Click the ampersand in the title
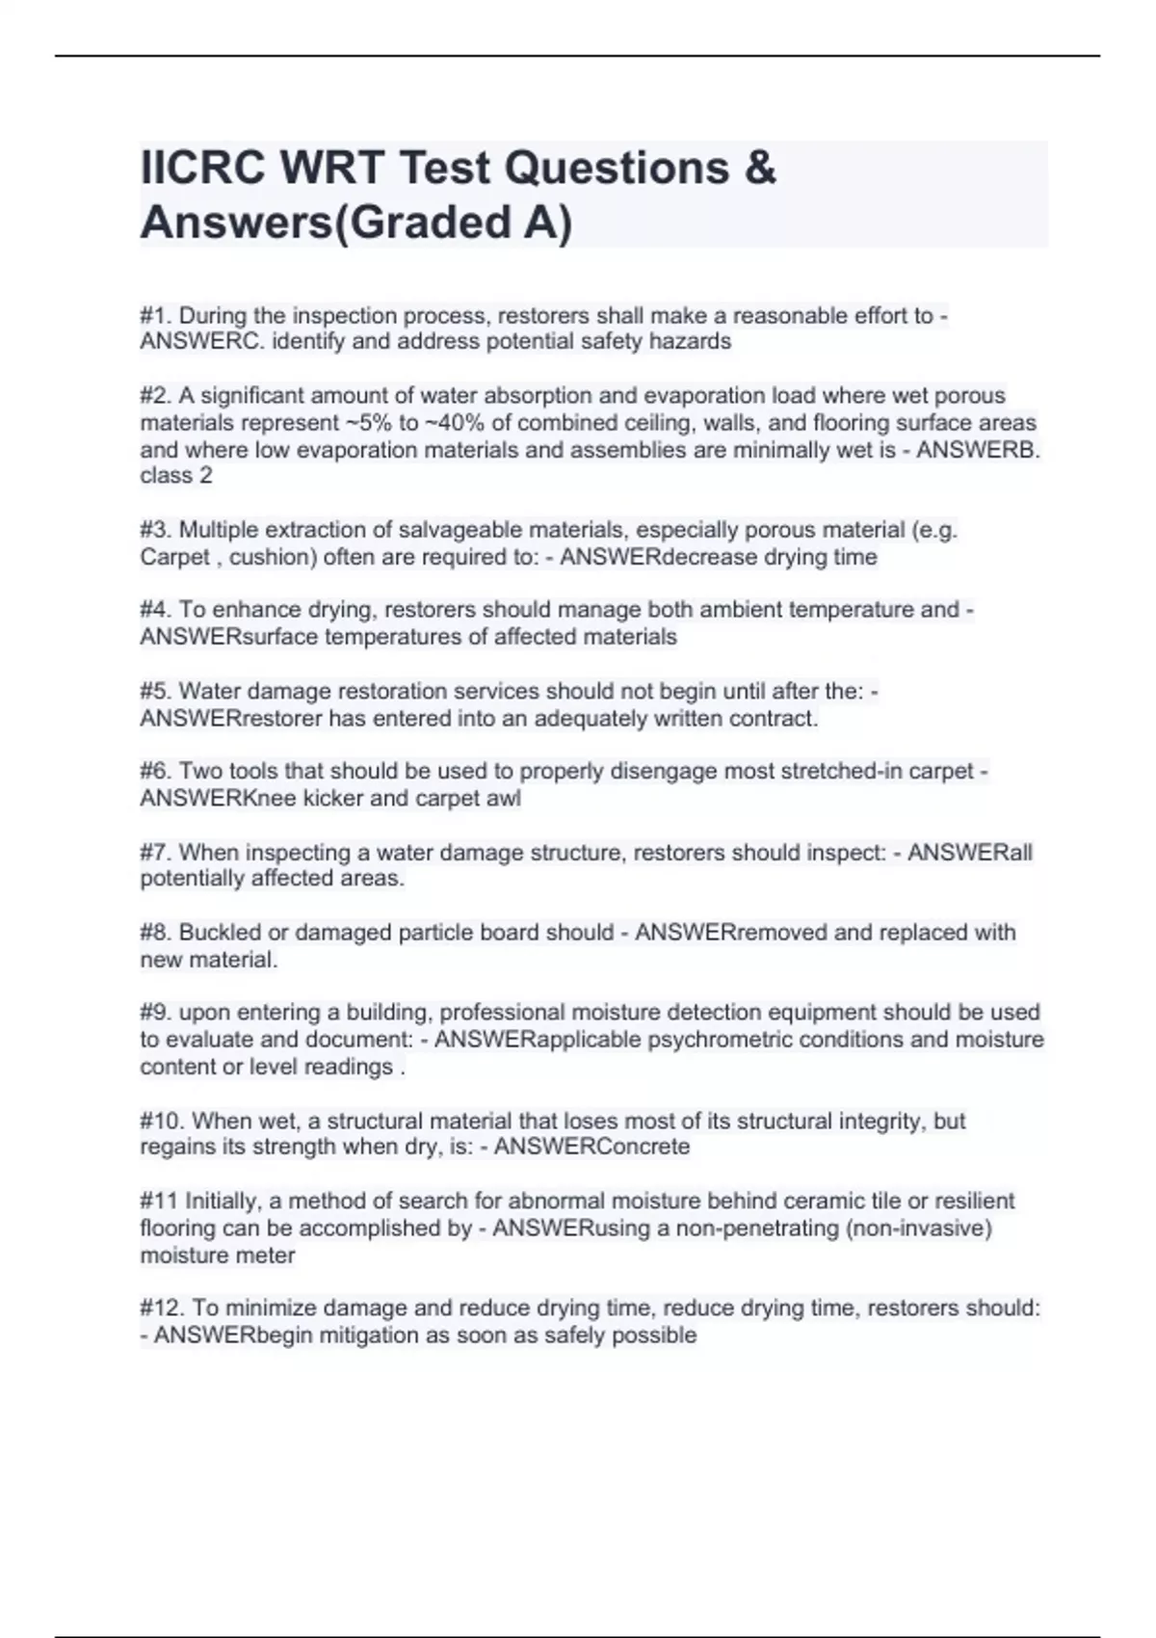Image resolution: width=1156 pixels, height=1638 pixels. [760, 169]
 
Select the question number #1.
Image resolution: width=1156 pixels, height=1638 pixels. [156, 316]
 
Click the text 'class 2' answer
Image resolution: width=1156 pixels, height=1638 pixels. [176, 476]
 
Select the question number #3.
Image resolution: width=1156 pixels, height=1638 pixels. [156, 531]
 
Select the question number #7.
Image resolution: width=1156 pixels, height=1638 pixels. [156, 853]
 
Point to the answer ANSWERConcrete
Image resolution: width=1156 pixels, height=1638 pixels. [592, 1148]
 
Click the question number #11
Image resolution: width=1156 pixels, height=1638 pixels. [158, 1202]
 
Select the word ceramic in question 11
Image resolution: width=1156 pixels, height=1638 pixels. [818, 1202]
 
